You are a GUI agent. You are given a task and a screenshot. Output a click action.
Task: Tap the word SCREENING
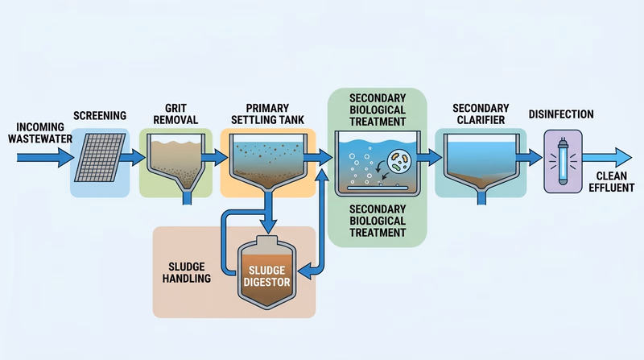point(100,115)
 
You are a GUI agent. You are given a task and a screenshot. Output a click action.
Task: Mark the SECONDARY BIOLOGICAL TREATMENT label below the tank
point(377,221)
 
